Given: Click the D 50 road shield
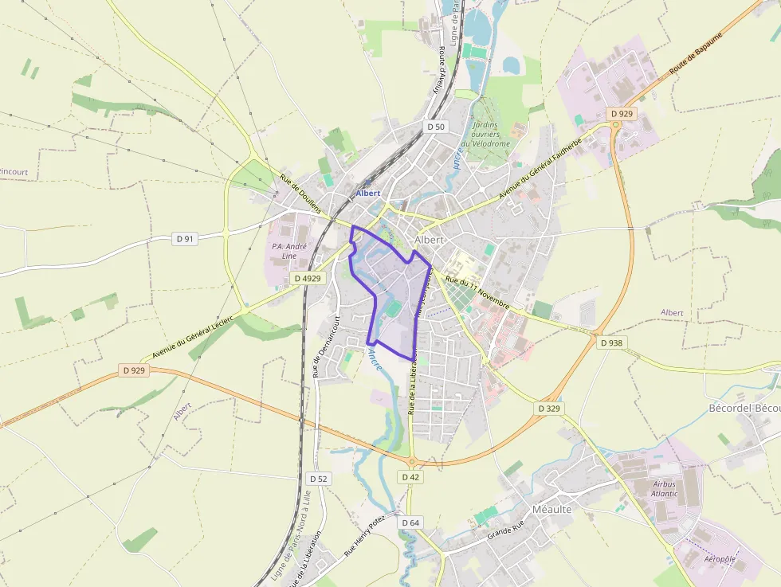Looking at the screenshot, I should pyautogui.click(x=435, y=127).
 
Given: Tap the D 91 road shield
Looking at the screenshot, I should pyautogui.click(x=184, y=238).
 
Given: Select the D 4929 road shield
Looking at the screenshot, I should pyautogui.click(x=307, y=278).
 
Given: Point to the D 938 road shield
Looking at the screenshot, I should pyautogui.click(x=610, y=342).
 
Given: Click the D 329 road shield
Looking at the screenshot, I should pyautogui.click(x=549, y=408).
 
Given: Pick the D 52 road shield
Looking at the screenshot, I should pyautogui.click(x=317, y=478).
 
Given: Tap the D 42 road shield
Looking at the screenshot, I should pyautogui.click(x=410, y=476).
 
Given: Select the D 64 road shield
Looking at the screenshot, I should pyautogui.click(x=410, y=522).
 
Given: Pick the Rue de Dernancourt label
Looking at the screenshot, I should pyautogui.click(x=326, y=346).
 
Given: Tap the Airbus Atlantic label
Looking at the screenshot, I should pyautogui.click(x=664, y=488).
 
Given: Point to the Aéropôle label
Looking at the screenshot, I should pyautogui.click(x=720, y=559).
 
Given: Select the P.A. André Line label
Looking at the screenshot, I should pyautogui.click(x=284, y=251).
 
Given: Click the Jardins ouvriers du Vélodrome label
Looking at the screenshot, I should pyautogui.click(x=490, y=134).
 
